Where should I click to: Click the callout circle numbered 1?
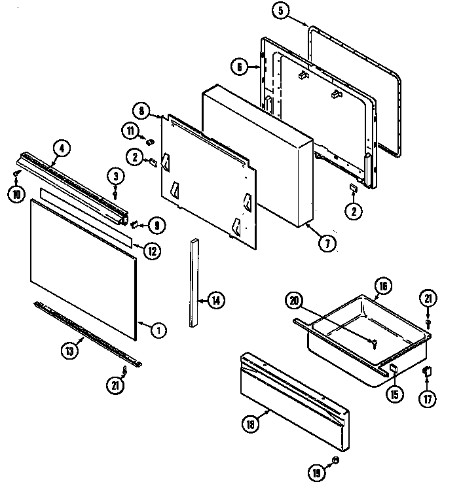pyautogui.click(x=158, y=330)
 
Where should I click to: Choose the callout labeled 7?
pyautogui.click(x=327, y=243)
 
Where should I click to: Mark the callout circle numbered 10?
pyautogui.click(x=14, y=194)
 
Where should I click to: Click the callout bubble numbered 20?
pyautogui.click(x=294, y=300)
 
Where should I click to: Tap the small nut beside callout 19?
pyautogui.click(x=334, y=461)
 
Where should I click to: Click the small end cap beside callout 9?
pyautogui.click(x=134, y=224)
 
